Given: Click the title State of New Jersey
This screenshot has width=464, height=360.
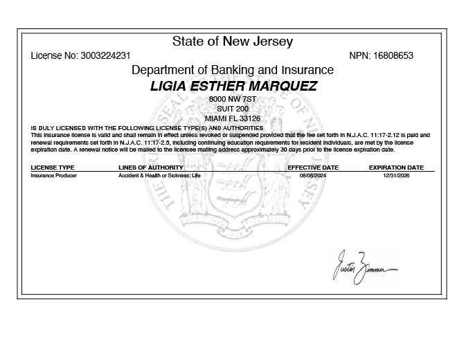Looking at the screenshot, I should tap(232, 42).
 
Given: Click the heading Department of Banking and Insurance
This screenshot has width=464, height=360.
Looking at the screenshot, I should tap(232, 70).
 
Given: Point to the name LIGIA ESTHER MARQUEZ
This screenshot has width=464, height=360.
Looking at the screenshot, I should tap(233, 87).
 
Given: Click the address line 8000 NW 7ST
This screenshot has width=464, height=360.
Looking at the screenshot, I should tap(232, 100).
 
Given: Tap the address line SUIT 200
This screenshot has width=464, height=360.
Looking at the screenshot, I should tap(232, 109).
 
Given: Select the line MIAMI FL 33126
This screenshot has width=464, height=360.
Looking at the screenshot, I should tap(232, 118).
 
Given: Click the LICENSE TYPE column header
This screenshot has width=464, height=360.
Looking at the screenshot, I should tap(53, 168).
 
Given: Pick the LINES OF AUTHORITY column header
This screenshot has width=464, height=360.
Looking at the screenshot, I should tap(150, 168).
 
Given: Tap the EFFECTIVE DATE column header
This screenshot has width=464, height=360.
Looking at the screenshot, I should tap(313, 168).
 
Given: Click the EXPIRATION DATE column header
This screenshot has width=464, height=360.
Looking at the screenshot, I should tap(396, 168).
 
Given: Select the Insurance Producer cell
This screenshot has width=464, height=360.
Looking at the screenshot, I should tap(54, 176).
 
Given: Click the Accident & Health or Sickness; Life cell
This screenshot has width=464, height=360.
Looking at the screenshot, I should tap(159, 176).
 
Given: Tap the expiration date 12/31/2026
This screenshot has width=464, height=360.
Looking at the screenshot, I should tap(396, 176).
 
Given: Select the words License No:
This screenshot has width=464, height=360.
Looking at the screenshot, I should tap(54, 55).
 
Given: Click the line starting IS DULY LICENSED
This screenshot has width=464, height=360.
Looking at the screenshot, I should tap(147, 129).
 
